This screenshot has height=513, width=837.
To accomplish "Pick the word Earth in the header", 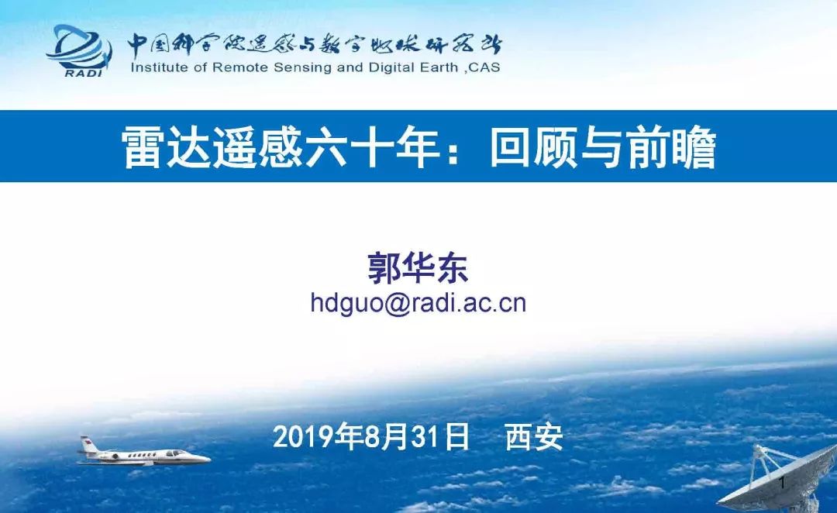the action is click(437, 67).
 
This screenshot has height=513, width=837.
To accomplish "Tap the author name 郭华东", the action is click(418, 267).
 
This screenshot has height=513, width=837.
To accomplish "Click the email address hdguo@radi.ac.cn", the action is click(418, 303).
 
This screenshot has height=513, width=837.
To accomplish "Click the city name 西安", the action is click(534, 438).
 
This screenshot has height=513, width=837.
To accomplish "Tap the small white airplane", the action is click(144, 453).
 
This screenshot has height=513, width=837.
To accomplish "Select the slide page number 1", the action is click(782, 483).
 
